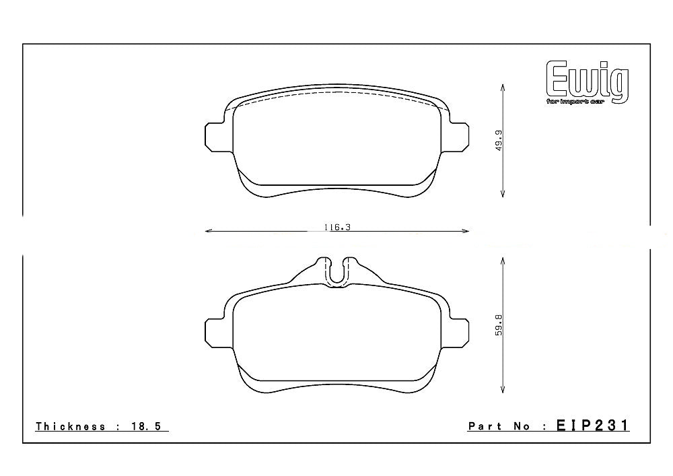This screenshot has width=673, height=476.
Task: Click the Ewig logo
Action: click(x=587, y=80)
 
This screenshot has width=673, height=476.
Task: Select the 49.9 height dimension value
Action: click(x=498, y=140)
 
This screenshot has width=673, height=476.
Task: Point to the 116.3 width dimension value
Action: click(x=337, y=228)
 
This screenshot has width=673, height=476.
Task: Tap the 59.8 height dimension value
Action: click(x=498, y=328)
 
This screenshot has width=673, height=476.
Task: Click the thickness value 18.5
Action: click(x=149, y=426)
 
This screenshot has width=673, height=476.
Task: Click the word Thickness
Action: click(x=71, y=426)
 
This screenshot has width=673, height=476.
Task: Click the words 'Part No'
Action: click(x=498, y=426)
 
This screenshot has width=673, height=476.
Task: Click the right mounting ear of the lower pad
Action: click(x=458, y=332)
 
